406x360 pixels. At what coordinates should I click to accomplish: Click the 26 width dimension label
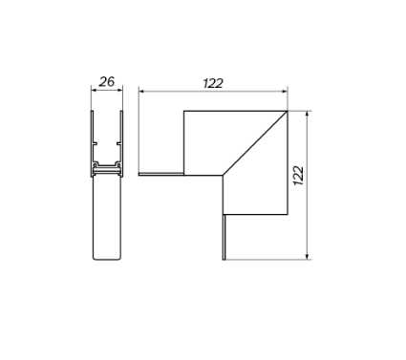pyautogui.click(x=106, y=82)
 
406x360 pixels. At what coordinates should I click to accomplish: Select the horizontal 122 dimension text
pyautogui.click(x=212, y=83)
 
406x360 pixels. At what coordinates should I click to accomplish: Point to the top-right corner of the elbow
pyautogui.click(x=287, y=111)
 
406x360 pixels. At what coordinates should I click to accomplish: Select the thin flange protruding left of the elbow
pyautogui.click(x=160, y=175)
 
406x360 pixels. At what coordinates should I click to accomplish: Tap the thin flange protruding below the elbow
pyautogui.click(x=223, y=237)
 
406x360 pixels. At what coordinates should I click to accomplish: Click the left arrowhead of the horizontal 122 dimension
pyautogui.click(x=142, y=92)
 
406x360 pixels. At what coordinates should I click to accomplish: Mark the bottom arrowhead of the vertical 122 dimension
pyautogui.click(x=306, y=255)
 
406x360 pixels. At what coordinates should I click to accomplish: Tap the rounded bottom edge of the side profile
pyautogui.click(x=106, y=260)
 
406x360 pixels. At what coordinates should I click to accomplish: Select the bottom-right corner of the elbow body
pyautogui.click(x=286, y=213)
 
